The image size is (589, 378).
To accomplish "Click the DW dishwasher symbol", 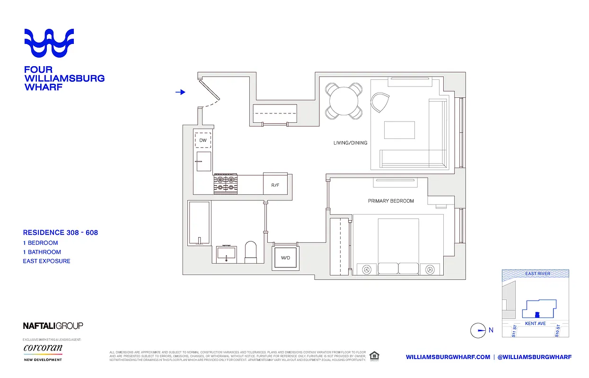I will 203,140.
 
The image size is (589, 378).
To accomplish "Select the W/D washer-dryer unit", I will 285,258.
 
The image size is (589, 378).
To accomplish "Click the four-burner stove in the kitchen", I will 225,184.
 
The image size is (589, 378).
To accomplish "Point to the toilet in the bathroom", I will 250,252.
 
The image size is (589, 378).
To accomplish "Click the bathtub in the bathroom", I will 199,223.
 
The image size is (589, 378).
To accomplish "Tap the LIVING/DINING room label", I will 350,143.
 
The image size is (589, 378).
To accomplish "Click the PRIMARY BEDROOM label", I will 391,201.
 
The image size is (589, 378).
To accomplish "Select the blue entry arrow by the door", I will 180,92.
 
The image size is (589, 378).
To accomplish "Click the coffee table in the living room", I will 399,130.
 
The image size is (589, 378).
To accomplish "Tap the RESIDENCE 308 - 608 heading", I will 61,232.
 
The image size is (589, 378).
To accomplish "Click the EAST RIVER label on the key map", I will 537,274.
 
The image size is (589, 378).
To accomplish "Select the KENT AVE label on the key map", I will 536,324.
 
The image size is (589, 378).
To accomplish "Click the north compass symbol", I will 478,331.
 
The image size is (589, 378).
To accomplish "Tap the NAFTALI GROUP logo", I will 53,326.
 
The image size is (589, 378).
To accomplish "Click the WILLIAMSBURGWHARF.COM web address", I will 448,357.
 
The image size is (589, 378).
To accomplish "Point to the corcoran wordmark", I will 43,348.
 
